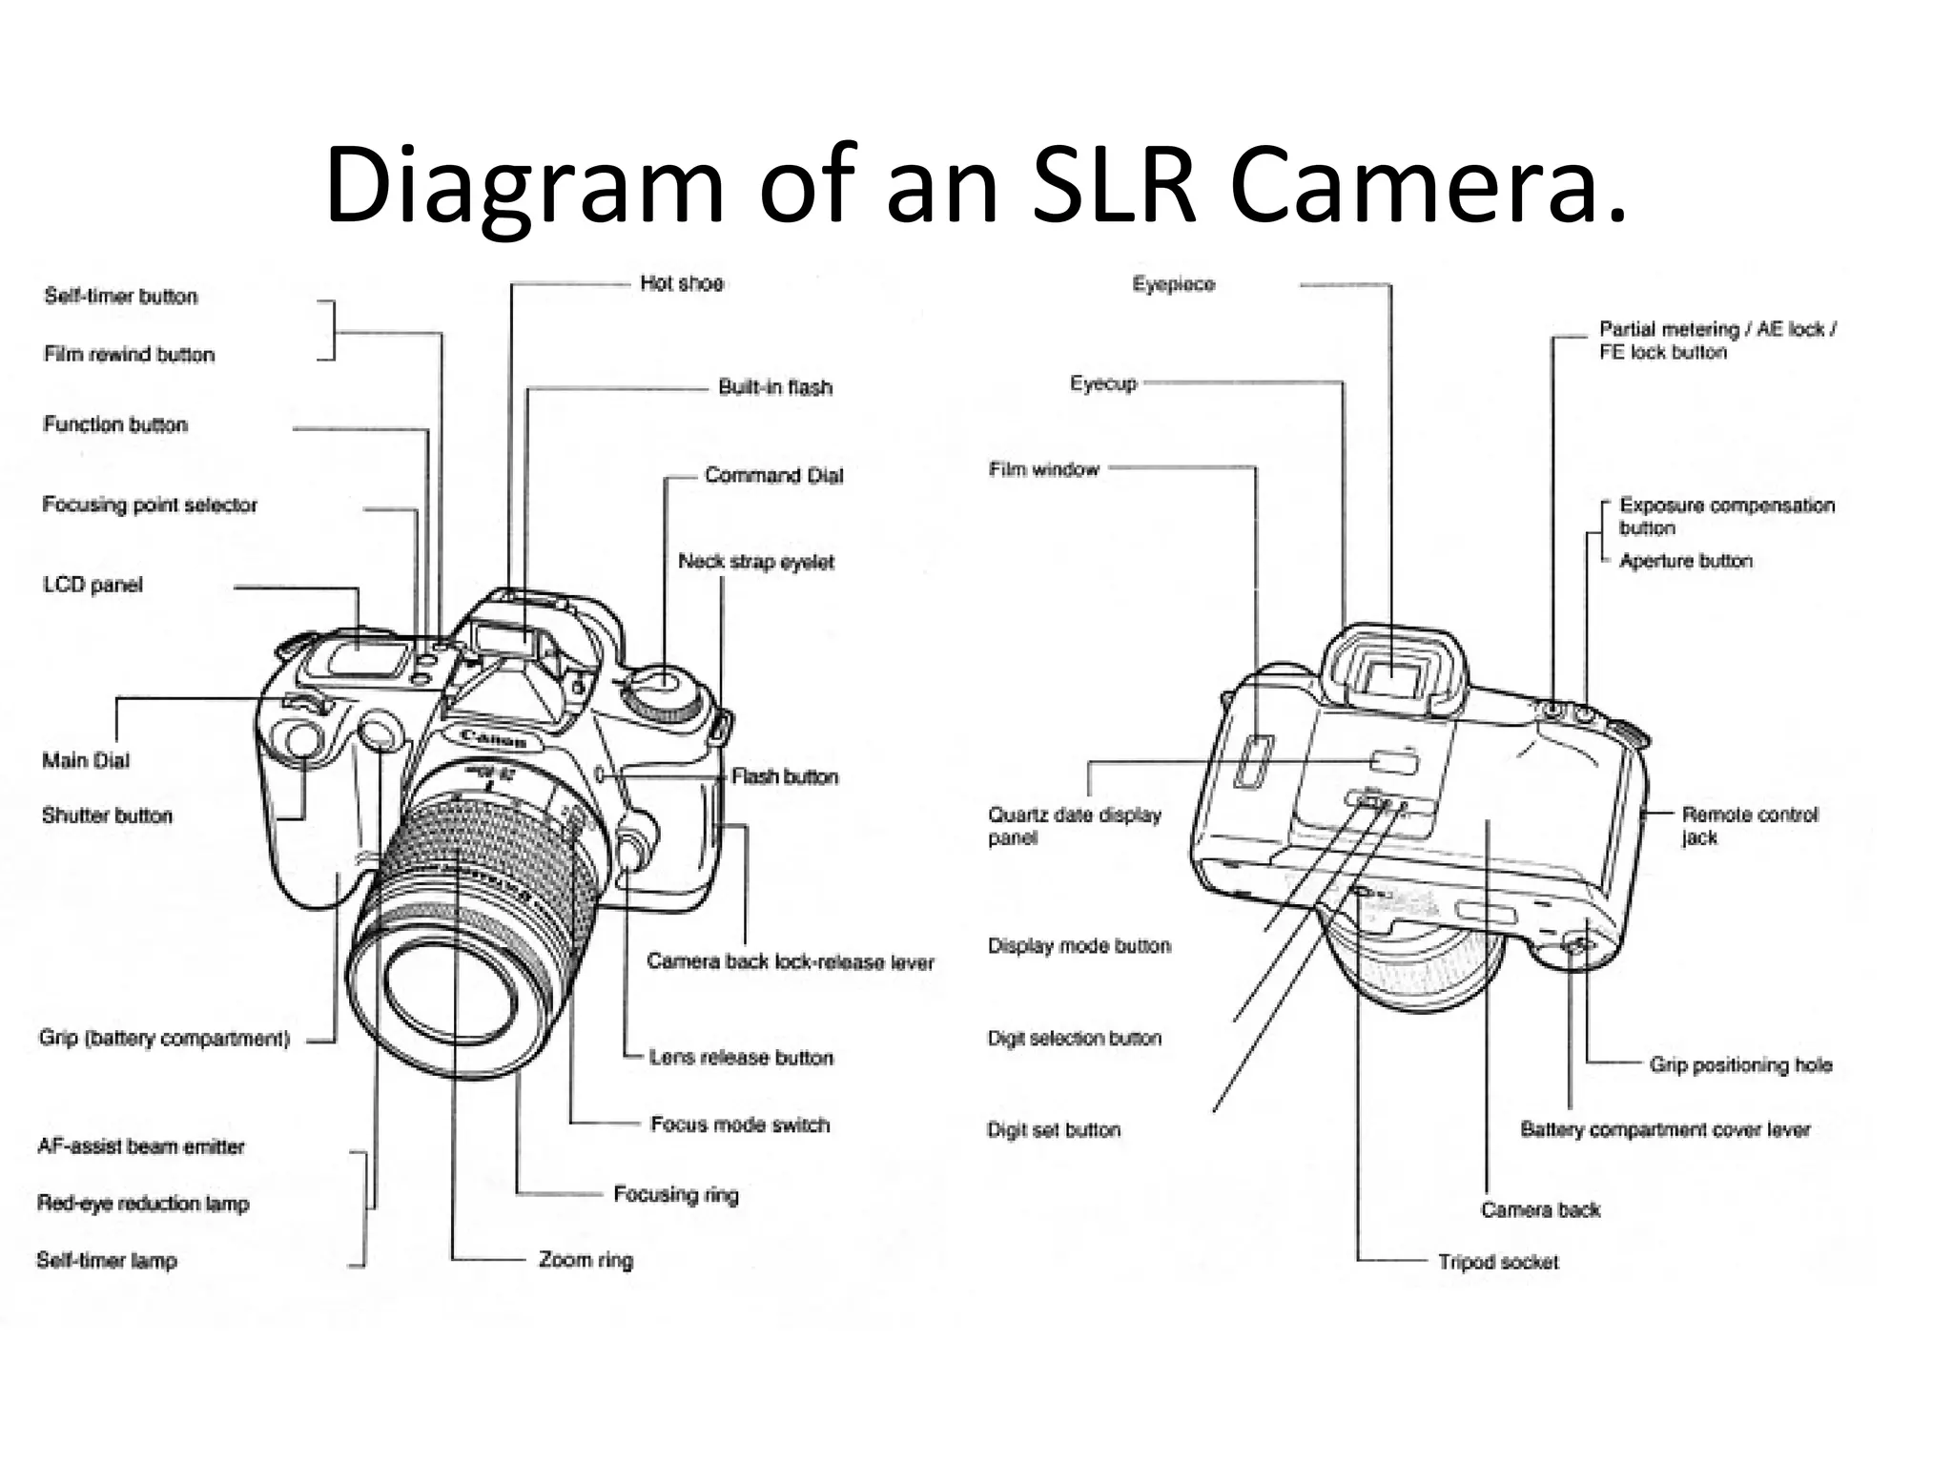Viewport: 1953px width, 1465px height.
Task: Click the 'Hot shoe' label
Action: [x=681, y=283]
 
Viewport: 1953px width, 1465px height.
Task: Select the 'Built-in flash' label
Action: [x=774, y=387]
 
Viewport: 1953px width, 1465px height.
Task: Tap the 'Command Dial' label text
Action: [x=773, y=475]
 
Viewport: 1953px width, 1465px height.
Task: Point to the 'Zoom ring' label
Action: [x=586, y=1260]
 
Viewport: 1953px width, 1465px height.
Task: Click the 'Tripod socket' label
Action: [x=1497, y=1262]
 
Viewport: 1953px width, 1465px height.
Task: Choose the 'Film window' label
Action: [x=1043, y=469]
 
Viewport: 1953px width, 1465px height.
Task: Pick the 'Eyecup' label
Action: [x=1102, y=383]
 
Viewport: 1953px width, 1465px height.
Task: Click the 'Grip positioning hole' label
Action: [x=1740, y=1064]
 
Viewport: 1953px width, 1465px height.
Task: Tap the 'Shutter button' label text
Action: [x=107, y=815]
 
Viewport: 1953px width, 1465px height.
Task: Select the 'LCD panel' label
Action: [x=93, y=585]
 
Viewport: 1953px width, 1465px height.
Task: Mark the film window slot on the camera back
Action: [x=1253, y=761]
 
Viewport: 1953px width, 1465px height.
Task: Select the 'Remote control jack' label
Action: [x=1749, y=826]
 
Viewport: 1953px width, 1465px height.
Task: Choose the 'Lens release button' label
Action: [x=741, y=1058]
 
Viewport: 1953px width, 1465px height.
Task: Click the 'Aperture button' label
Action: [x=1685, y=561]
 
